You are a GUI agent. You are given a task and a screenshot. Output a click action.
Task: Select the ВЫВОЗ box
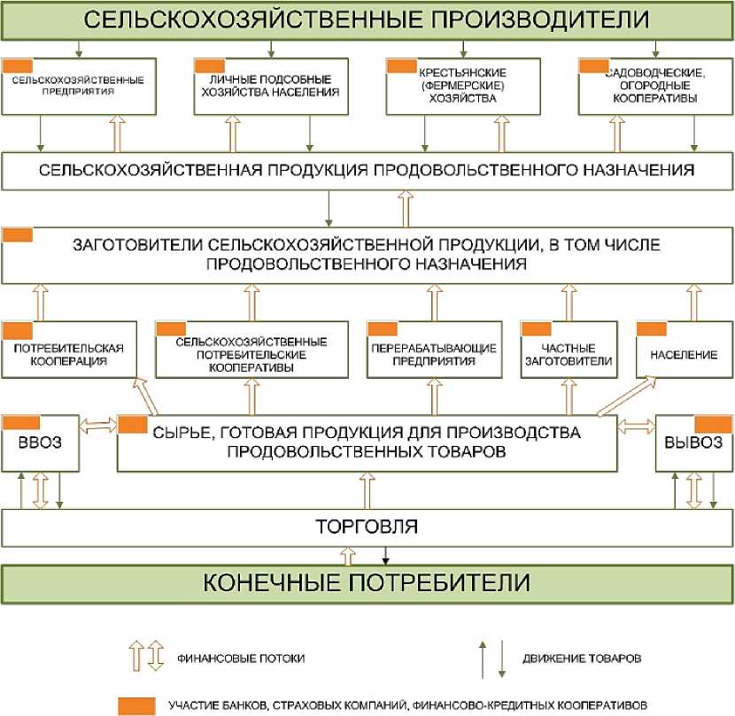(693, 443)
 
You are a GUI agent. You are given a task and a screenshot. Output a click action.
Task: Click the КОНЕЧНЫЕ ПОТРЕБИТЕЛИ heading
(367, 583)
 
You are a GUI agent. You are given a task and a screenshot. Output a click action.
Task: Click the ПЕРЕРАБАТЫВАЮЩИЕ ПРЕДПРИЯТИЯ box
(431, 354)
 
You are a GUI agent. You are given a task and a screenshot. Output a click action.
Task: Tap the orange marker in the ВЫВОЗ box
(712, 424)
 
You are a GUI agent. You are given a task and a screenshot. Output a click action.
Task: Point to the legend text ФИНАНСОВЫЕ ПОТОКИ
(231, 658)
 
